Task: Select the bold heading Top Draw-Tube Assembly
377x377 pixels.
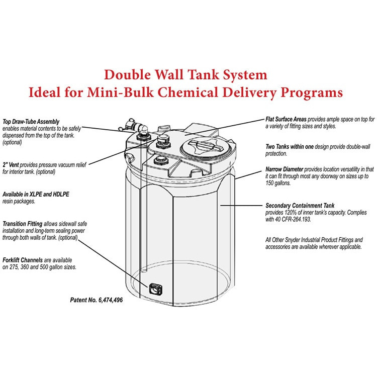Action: tap(31, 122)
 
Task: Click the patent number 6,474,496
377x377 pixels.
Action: tap(108, 300)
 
